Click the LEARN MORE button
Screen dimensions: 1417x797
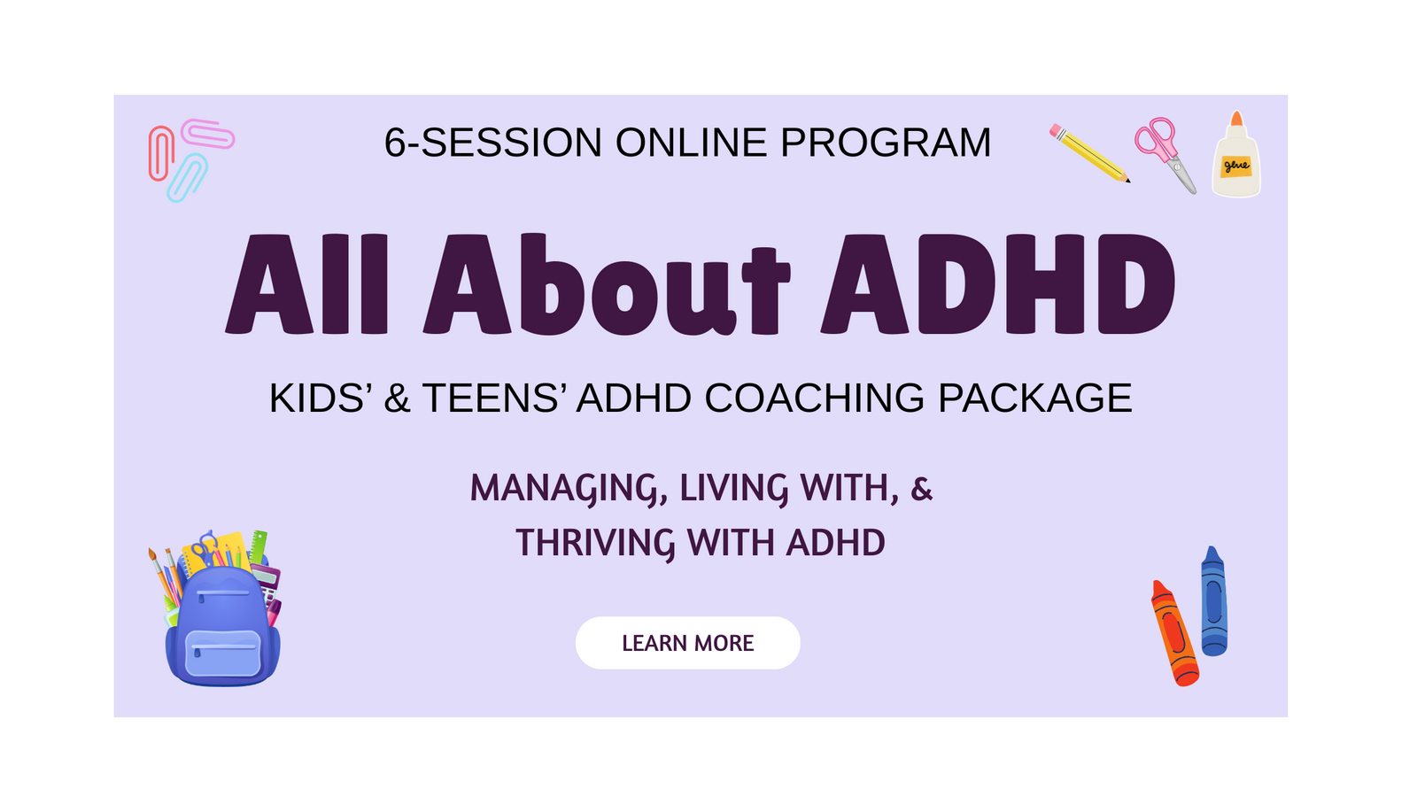pos(687,643)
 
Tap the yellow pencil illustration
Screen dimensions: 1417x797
pos(1089,153)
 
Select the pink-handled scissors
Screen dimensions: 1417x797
pos(1165,155)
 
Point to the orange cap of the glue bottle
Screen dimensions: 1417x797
pos(1236,119)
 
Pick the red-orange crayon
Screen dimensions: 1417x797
pos(1174,633)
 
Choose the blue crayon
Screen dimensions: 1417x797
pos(1214,601)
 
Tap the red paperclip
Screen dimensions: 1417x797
pos(161,153)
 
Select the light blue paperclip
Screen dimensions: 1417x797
pos(187,178)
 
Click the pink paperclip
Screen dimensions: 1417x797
pos(207,134)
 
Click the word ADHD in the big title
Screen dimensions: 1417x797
pos(997,283)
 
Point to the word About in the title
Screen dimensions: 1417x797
pos(608,283)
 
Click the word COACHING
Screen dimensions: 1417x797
pos(815,398)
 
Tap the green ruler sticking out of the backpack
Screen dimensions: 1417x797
pos(258,546)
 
